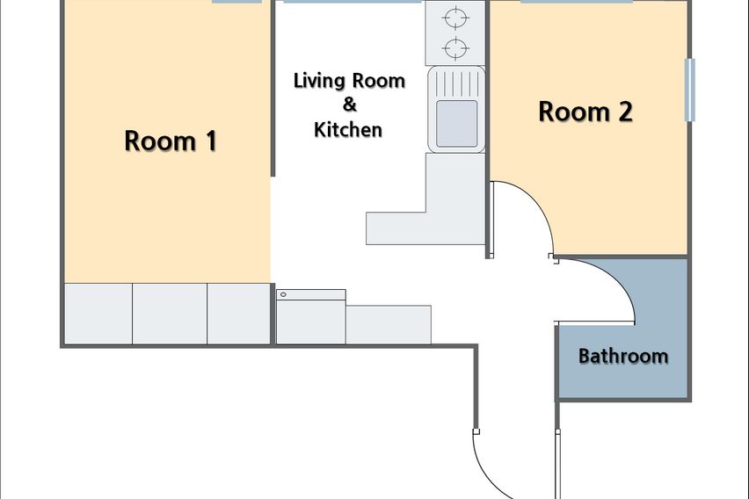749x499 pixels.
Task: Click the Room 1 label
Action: point(171,141)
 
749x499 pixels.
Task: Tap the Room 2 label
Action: point(585,112)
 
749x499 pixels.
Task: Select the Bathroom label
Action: point(623,356)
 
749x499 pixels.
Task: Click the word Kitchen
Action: point(348,129)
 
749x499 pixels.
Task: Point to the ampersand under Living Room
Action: point(350,105)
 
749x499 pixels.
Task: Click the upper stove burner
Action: point(455,18)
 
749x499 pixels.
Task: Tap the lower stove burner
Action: point(455,47)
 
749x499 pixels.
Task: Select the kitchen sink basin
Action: point(456,123)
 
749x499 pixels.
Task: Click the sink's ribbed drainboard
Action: point(456,83)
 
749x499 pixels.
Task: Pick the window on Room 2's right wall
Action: point(690,90)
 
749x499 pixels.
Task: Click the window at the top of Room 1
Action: point(237,2)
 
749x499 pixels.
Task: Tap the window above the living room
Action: point(353,2)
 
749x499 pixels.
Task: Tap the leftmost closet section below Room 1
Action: point(98,314)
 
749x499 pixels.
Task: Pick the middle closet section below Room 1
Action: point(170,314)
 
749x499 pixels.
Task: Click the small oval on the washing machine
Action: point(283,294)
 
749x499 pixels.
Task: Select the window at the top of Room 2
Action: point(577,2)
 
